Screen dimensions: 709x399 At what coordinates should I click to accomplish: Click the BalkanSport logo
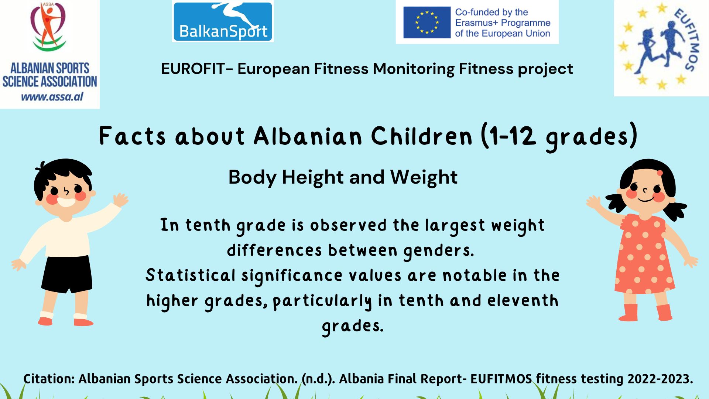pos(223,21)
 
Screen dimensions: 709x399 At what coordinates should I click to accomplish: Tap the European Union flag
pos(427,22)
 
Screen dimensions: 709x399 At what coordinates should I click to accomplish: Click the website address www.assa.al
pos(52,97)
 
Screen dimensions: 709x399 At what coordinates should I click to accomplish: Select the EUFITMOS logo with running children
pos(661,48)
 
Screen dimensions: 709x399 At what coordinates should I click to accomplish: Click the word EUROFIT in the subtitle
pos(193,69)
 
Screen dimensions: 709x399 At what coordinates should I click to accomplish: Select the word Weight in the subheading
pos(424,177)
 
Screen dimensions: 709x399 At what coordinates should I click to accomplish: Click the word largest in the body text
pos(455,226)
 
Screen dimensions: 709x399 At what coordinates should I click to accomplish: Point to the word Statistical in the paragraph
pos(191,275)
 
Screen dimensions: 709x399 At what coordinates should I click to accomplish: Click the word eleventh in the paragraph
pos(523,300)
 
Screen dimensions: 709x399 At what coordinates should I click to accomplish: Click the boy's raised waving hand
pos(120,199)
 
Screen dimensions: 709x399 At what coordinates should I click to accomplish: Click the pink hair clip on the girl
pos(660,173)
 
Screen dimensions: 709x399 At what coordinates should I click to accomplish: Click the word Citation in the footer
pos(49,379)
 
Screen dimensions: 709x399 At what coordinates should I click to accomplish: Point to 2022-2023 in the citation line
pos(660,379)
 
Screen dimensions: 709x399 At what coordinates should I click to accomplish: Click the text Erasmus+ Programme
pos(503,23)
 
